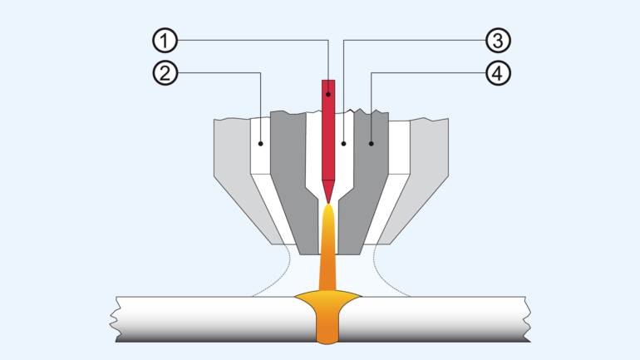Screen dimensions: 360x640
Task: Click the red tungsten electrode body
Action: coord(329,133)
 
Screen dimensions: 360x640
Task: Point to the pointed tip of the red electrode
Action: coord(329,200)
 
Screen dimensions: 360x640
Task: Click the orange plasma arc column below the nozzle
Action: coord(329,249)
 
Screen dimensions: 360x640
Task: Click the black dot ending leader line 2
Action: coord(261,143)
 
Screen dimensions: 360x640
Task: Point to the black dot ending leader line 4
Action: coord(371,143)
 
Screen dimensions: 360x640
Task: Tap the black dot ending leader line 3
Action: coord(343,143)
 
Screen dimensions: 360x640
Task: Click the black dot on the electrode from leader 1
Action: coord(329,95)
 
